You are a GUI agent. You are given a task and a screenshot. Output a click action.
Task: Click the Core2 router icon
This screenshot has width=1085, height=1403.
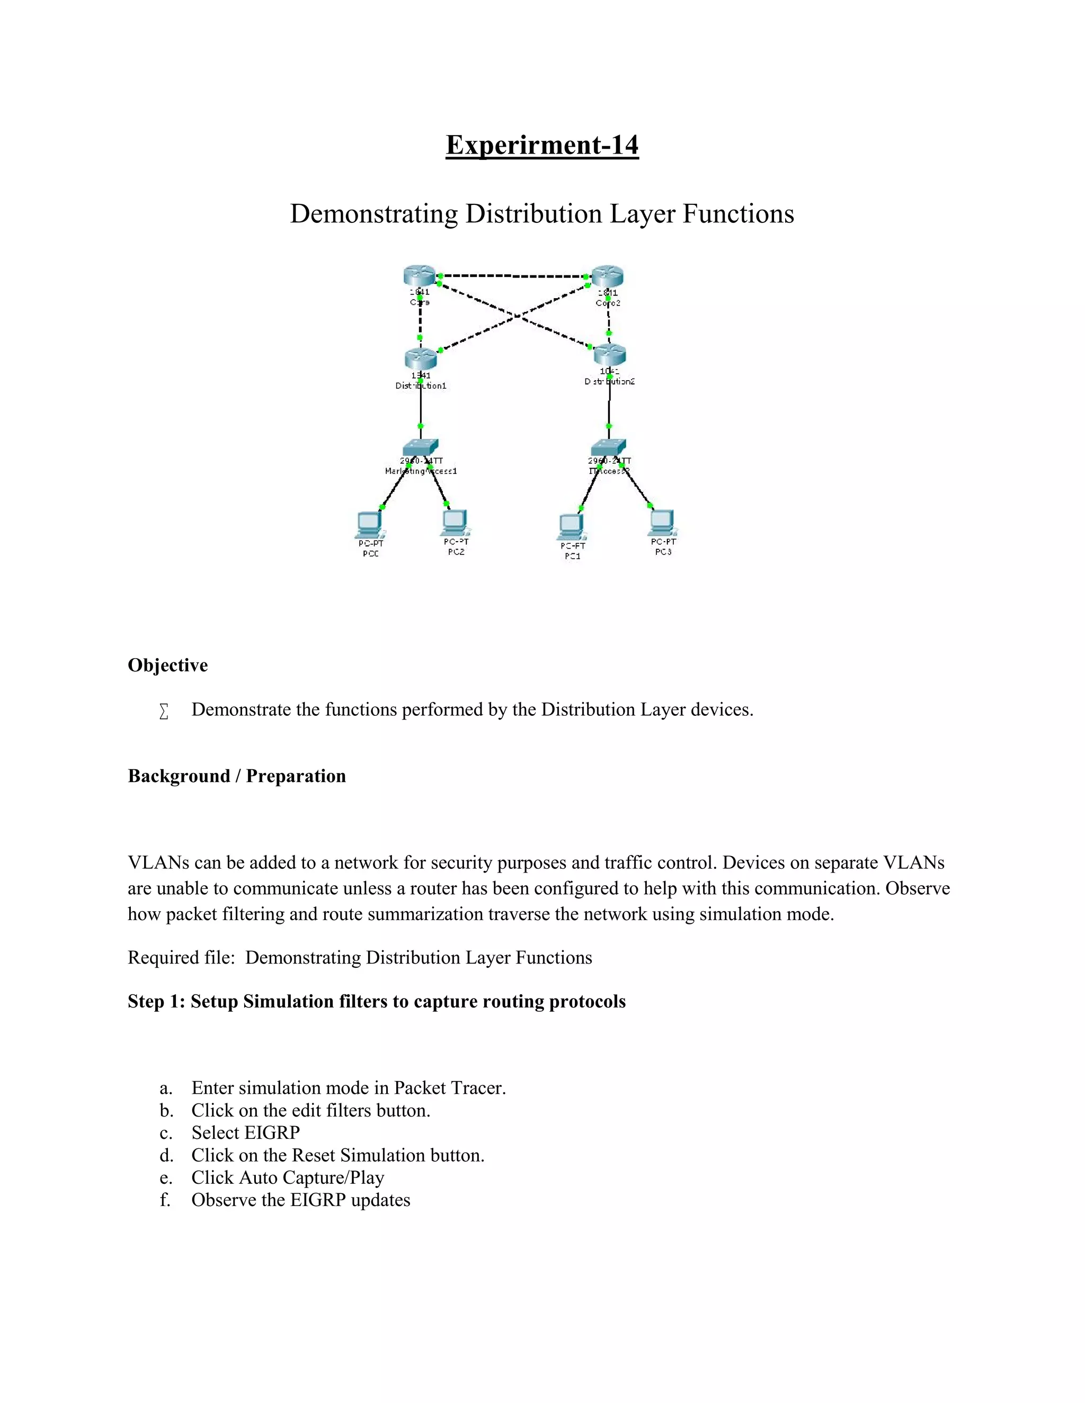coord(608,276)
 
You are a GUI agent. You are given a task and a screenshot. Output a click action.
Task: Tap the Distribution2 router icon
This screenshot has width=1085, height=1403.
coord(610,354)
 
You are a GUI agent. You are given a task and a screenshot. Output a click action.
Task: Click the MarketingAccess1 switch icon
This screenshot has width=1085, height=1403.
coord(420,447)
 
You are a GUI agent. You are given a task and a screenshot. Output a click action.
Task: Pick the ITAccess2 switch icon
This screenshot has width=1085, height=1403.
coord(609,447)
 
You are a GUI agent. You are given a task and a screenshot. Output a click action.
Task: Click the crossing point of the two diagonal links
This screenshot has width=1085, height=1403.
coord(516,316)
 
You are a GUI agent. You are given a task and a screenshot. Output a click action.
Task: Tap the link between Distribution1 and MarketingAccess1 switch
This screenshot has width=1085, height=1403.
coord(420,404)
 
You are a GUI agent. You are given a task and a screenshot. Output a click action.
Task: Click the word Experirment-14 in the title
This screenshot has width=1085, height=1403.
coord(542,145)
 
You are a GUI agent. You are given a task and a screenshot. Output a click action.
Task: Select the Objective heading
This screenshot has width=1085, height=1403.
coord(168,665)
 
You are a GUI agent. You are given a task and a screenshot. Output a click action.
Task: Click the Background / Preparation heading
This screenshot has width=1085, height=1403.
coord(236,776)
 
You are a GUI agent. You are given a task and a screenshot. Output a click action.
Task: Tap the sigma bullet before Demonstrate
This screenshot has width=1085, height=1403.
coord(164,711)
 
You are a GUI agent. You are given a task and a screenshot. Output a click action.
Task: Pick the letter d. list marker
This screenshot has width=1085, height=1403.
coord(166,1155)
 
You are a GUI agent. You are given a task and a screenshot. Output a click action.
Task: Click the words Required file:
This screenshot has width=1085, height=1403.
coord(180,958)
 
